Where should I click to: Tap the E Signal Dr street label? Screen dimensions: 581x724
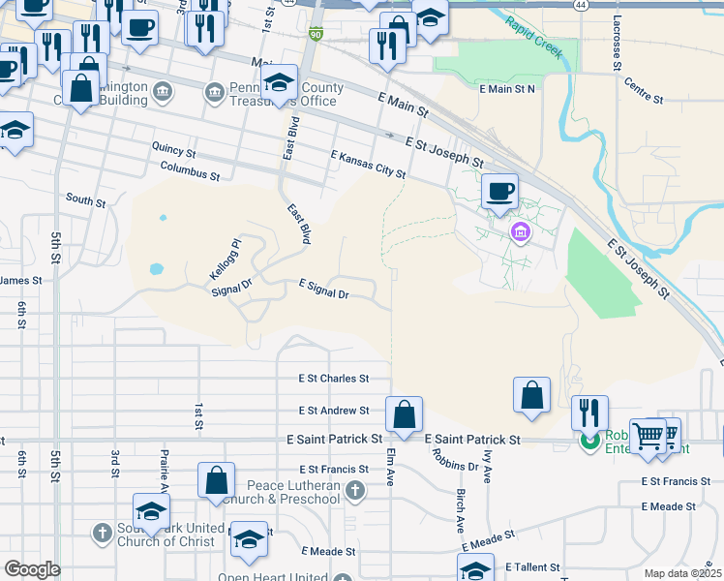tap(323, 288)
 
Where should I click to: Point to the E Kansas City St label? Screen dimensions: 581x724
tap(368, 164)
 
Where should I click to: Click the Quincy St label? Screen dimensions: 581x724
tap(173, 152)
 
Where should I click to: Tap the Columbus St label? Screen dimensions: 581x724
tap(191, 172)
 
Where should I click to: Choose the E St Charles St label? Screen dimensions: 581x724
tap(334, 379)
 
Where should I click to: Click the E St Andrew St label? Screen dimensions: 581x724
tap(334, 411)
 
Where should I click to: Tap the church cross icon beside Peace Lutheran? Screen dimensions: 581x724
tap(355, 491)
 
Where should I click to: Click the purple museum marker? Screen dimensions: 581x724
tap(521, 232)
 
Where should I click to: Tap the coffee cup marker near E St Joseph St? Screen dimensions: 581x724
tap(500, 191)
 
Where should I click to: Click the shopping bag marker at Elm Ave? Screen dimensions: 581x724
tap(404, 413)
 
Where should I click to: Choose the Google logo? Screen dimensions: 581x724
tap(32, 569)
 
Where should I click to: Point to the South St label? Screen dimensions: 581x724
tap(85, 200)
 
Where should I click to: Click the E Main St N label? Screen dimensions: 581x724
tap(507, 89)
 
